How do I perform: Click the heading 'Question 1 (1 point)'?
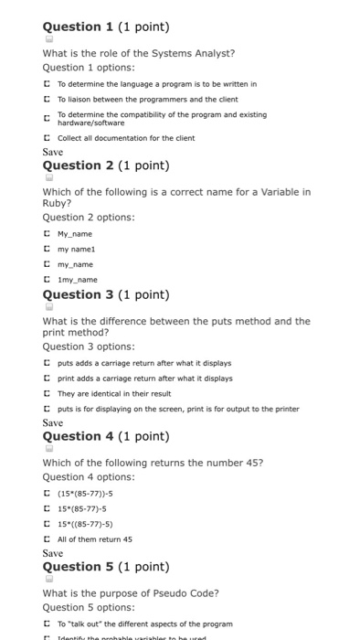[106, 27]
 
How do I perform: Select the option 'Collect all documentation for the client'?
[47, 138]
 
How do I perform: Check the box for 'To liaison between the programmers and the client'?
[47, 98]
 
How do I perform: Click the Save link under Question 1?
[53, 152]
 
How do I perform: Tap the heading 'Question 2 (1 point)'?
[106, 165]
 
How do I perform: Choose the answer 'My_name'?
[47, 233]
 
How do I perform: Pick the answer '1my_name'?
[47, 280]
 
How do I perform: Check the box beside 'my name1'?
[47, 249]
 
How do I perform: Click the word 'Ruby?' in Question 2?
[57, 203]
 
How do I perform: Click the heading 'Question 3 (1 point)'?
[106, 294]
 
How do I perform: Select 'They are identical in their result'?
[47, 393]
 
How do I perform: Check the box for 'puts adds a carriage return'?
[47, 362]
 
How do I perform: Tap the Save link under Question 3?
[53, 422]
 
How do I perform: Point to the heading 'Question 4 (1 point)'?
[106, 436]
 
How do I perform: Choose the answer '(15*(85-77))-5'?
[47, 493]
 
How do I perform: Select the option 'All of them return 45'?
[47, 539]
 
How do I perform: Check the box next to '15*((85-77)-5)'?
[47, 524]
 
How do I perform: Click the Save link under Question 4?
[53, 553]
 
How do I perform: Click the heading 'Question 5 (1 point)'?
[106, 567]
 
